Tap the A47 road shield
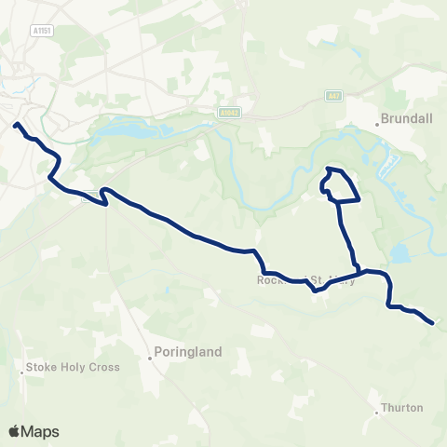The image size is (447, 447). tap(334, 95)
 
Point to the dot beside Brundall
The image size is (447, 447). tap(381, 121)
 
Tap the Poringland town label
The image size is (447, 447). tap(188, 352)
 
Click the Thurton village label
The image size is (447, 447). tap(402, 408)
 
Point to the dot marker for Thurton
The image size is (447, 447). tap(380, 409)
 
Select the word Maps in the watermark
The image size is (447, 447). tap(41, 431)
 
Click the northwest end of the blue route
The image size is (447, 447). tap(15, 124)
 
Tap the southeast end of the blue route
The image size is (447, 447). tap(433, 323)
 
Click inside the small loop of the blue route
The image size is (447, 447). tap(342, 187)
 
